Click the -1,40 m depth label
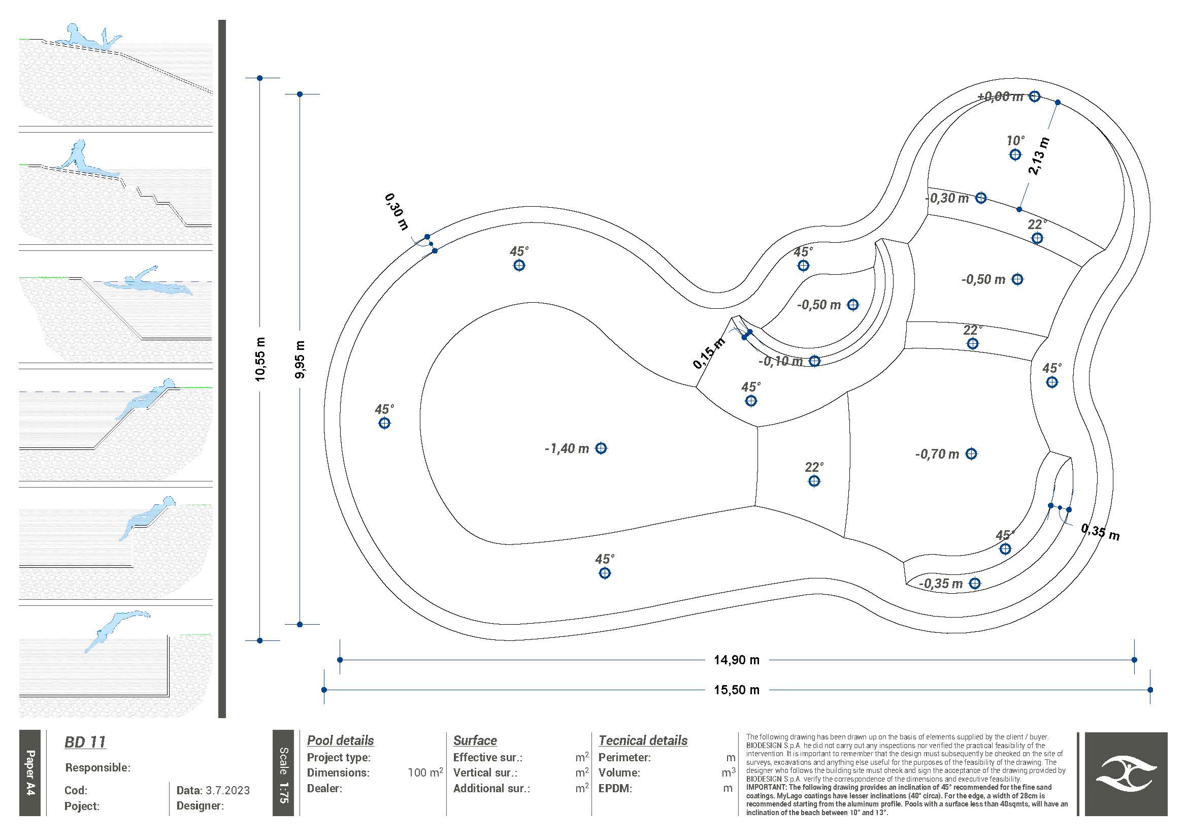pyautogui.click(x=567, y=448)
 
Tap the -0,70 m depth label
pyautogui.click(x=937, y=454)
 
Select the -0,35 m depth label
pyautogui.click(x=940, y=584)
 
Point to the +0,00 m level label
pyautogui.click(x=1000, y=96)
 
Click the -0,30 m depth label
pyautogui.click(x=946, y=198)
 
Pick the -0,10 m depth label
pyautogui.click(x=781, y=361)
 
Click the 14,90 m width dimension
pyautogui.click(x=737, y=660)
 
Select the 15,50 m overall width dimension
pyautogui.click(x=737, y=690)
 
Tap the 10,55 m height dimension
pyautogui.click(x=260, y=360)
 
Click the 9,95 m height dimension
pyautogui.click(x=300, y=360)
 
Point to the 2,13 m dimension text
pyautogui.click(x=1039, y=156)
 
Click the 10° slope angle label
pyautogui.click(x=1015, y=141)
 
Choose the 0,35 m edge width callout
pyautogui.click(x=1100, y=532)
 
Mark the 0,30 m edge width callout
pyautogui.click(x=397, y=212)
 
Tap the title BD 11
pyautogui.click(x=85, y=742)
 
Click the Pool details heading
pyautogui.click(x=340, y=740)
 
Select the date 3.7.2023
pyautogui.click(x=227, y=790)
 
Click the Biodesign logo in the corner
pyautogui.click(x=1126, y=774)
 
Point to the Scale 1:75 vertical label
pyautogui.click(x=283, y=775)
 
